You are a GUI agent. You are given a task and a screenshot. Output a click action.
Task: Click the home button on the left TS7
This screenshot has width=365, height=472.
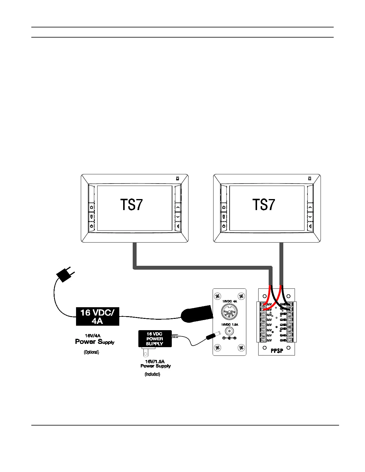[92, 207]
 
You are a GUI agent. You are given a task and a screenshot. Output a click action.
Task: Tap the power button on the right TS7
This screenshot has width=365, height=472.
[224, 226]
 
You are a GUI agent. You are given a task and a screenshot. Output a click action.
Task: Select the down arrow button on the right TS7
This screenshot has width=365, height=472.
[310, 217]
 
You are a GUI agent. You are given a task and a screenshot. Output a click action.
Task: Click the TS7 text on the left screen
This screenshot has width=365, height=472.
[132, 205]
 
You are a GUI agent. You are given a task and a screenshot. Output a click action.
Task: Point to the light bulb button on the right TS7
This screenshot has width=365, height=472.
[224, 217]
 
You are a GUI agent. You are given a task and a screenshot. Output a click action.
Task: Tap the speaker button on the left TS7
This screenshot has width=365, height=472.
[178, 226]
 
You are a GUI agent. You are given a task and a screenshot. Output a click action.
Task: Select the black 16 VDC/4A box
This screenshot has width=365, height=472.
[98, 316]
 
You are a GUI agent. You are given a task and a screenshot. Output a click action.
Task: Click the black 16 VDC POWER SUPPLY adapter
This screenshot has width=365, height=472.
[155, 339]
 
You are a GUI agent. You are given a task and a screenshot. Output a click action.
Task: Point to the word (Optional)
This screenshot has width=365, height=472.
[91, 352]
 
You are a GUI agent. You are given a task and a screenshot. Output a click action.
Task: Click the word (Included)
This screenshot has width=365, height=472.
[152, 374]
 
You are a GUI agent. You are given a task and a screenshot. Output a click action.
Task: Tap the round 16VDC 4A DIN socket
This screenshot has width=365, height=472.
[229, 312]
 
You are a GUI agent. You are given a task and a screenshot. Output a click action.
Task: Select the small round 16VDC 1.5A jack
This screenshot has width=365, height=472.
[229, 331]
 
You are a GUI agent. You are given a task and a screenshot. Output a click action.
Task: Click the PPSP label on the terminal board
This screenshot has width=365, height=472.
[277, 351]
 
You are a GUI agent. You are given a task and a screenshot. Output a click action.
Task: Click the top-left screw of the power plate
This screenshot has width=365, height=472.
[218, 296]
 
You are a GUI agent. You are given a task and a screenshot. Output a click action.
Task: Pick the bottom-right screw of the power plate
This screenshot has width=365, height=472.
[241, 348]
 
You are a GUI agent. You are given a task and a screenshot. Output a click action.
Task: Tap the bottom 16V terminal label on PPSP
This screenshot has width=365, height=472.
[269, 340]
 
